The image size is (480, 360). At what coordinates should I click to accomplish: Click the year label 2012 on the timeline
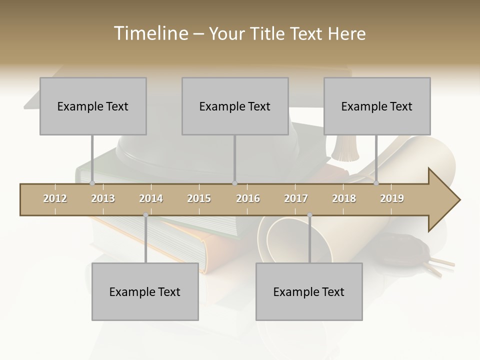(55, 198)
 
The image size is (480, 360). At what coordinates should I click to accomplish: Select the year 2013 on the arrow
(103, 198)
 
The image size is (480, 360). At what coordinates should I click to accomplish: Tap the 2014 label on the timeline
(151, 198)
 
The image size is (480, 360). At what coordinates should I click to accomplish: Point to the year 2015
(199, 198)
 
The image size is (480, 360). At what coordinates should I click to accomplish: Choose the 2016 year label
(248, 198)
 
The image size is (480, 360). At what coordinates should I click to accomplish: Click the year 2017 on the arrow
(296, 198)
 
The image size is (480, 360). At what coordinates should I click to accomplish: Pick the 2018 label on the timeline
(344, 198)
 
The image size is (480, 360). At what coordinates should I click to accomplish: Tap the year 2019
(392, 198)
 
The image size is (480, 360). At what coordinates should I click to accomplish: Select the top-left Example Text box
(93, 106)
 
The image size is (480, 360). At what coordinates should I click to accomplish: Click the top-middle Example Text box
(235, 106)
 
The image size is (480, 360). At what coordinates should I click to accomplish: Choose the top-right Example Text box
(377, 106)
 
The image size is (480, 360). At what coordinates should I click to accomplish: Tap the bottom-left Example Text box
(145, 291)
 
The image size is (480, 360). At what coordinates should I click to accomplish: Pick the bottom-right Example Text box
(309, 291)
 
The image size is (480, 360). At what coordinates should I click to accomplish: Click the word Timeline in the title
(149, 33)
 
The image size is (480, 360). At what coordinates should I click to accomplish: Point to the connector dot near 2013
(92, 183)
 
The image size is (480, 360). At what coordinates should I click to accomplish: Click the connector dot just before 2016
(234, 183)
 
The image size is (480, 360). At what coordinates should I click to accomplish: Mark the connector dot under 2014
(145, 215)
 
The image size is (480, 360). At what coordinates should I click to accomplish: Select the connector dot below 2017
(309, 215)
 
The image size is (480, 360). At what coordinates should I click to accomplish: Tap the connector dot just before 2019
(376, 183)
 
